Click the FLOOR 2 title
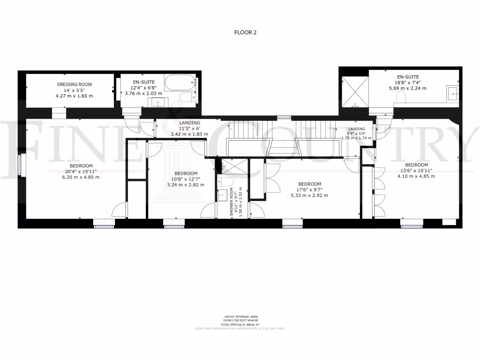pyautogui.click(x=245, y=32)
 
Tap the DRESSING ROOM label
pyautogui.click(x=75, y=84)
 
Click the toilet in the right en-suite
pyautogui.click(x=401, y=97)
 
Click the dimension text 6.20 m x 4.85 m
pyautogui.click(x=81, y=177)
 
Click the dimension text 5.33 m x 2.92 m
pyautogui.click(x=310, y=195)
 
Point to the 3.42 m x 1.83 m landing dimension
pyautogui.click(x=189, y=134)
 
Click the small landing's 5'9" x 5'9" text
pyautogui.click(x=356, y=134)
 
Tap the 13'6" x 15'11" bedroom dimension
pyautogui.click(x=416, y=171)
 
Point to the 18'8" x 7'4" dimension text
pyautogui.click(x=407, y=82)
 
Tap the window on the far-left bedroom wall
pyautogui.click(x=20, y=166)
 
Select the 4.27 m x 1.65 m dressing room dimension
pyautogui.click(x=74, y=96)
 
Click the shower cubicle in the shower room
pyautogui.click(x=230, y=165)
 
